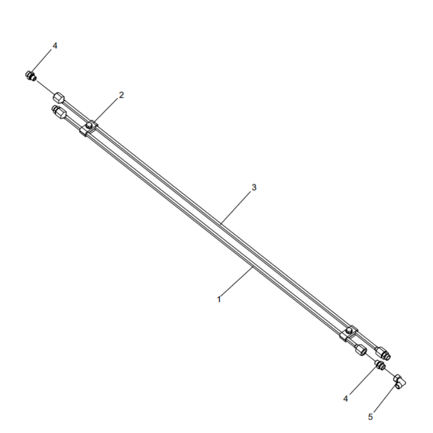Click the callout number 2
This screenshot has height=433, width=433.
(121, 95)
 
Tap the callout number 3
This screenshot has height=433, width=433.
(254, 187)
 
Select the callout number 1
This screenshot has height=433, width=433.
(219, 298)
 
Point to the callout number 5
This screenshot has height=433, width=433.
(371, 416)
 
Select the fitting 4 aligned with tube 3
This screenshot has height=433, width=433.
(31, 75)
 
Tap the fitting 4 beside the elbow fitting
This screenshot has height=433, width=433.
(380, 366)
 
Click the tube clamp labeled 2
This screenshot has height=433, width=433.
(89, 128)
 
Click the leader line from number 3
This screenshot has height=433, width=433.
(235, 206)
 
